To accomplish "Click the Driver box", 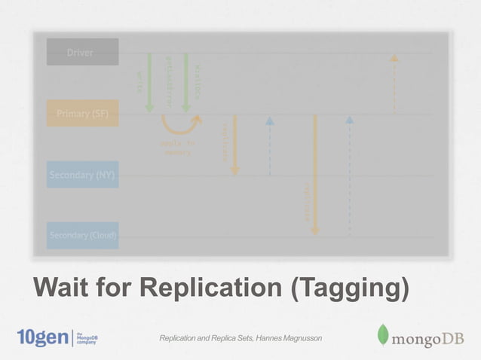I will click(x=82, y=52).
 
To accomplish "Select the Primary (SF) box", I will click(x=82, y=114).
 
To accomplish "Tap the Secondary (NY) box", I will click(x=82, y=175).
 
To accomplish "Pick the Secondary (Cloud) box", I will click(x=82, y=236).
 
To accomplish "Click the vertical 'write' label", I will click(x=139, y=81).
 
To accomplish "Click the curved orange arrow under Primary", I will click(x=182, y=124).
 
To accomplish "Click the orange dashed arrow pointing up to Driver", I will click(x=394, y=83).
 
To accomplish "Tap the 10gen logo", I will click(x=41, y=337).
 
